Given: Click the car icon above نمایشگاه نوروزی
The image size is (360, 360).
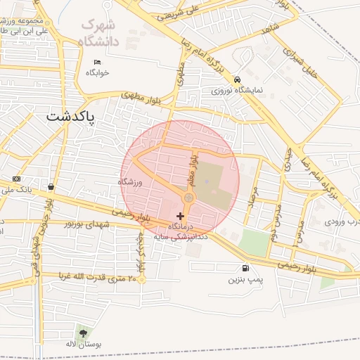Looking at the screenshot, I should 238,79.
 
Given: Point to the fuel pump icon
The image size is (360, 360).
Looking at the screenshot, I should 245,267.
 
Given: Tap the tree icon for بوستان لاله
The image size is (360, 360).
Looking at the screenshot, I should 84,333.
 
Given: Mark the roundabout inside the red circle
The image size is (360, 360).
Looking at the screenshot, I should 188,199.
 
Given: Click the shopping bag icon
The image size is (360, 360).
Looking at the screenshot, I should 51,187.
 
